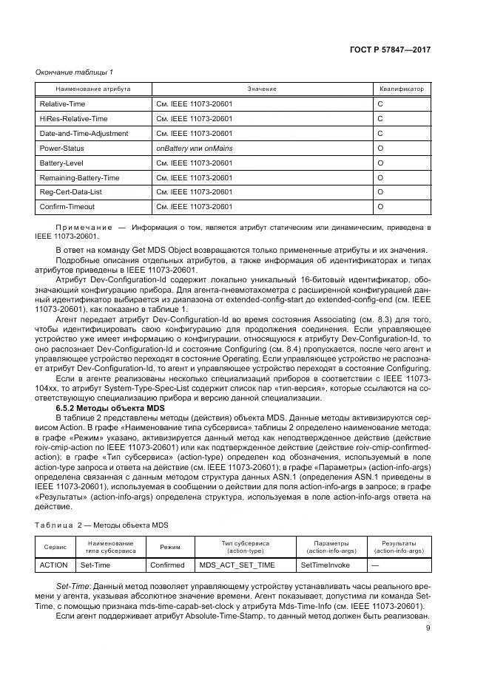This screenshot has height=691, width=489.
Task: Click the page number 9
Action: coord(428,628)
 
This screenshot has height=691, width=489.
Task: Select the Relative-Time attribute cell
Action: coord(61,104)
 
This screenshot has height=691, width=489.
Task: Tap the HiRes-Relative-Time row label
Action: coord(73,119)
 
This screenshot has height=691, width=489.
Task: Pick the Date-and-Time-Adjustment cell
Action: coord(84,134)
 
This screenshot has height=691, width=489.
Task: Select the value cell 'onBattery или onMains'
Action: coord(194,148)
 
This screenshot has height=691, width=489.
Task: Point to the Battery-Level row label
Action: coord(61,163)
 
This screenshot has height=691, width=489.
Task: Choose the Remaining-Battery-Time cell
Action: coord(79,177)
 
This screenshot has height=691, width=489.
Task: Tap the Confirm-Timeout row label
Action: coord(67,207)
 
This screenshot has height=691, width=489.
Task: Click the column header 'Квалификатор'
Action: coord(402,89)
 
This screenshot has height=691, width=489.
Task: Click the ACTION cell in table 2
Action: coord(53,565)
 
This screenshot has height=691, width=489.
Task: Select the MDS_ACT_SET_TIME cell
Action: coord(237,565)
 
